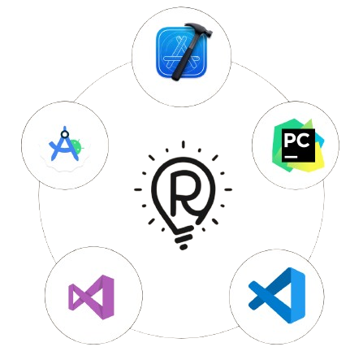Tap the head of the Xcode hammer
tap(199, 29)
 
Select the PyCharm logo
tap(298, 145)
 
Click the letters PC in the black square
tap(296, 141)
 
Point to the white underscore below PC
tap(291, 157)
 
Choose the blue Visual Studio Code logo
tap(277, 295)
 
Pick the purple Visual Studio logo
tap(91, 297)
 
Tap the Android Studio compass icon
tap(64, 144)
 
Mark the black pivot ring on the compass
tap(64, 134)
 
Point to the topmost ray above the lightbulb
tap(184, 144)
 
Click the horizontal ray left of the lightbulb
tap(138, 189)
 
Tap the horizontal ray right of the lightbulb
tap(228, 189)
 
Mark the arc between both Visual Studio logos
tap(184, 336)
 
